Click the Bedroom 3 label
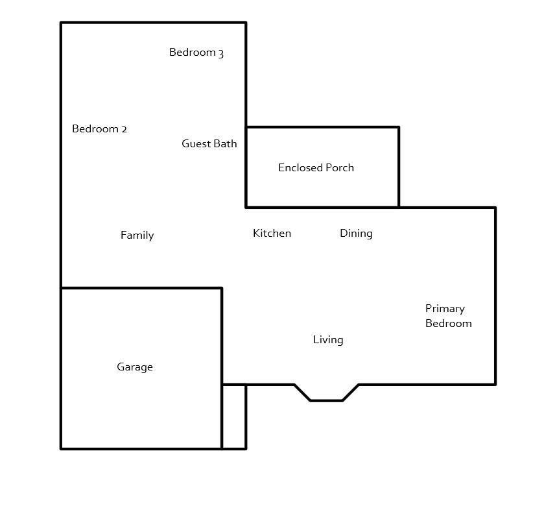(x=196, y=53)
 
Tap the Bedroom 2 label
(x=99, y=129)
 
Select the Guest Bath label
(x=209, y=144)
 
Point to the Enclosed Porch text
(x=316, y=168)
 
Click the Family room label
(x=137, y=236)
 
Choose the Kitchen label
(x=272, y=234)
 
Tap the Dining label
(x=356, y=234)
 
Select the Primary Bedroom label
(x=448, y=316)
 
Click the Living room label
(x=328, y=340)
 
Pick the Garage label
(x=135, y=367)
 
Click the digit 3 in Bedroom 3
(x=221, y=53)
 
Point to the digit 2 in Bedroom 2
(x=124, y=129)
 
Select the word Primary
(x=445, y=309)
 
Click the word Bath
(x=226, y=144)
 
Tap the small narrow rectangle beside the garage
(x=234, y=417)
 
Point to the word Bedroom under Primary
(x=448, y=324)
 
